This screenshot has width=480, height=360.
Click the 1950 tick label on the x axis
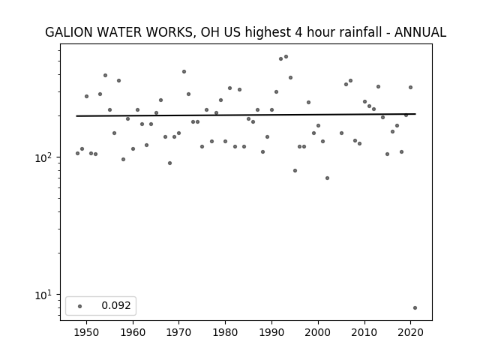click(87, 332)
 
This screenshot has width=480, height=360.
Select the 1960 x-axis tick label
click(133, 332)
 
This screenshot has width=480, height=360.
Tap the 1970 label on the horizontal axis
click(179, 332)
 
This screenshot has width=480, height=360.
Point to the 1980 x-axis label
click(225, 332)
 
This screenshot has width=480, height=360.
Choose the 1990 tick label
click(271, 332)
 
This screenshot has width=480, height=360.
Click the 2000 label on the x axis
click(318, 332)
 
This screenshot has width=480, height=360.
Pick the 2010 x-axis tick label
click(364, 332)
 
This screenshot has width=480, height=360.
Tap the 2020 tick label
click(411, 332)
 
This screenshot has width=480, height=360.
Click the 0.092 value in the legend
click(116, 305)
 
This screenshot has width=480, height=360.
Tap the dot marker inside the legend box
click(80, 306)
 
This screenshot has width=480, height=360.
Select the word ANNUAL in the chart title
click(420, 32)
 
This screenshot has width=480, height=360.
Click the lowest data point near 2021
click(415, 308)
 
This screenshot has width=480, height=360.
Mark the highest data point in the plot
click(286, 57)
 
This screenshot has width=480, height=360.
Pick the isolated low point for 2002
click(327, 178)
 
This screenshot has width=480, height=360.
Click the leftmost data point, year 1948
click(77, 153)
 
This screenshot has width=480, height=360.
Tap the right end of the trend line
click(415, 114)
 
